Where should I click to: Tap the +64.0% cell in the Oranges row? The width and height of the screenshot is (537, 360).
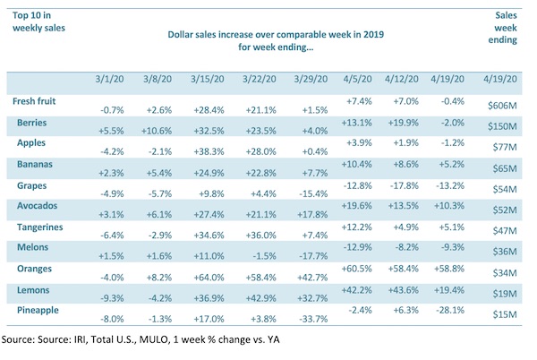click(x=207, y=277)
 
